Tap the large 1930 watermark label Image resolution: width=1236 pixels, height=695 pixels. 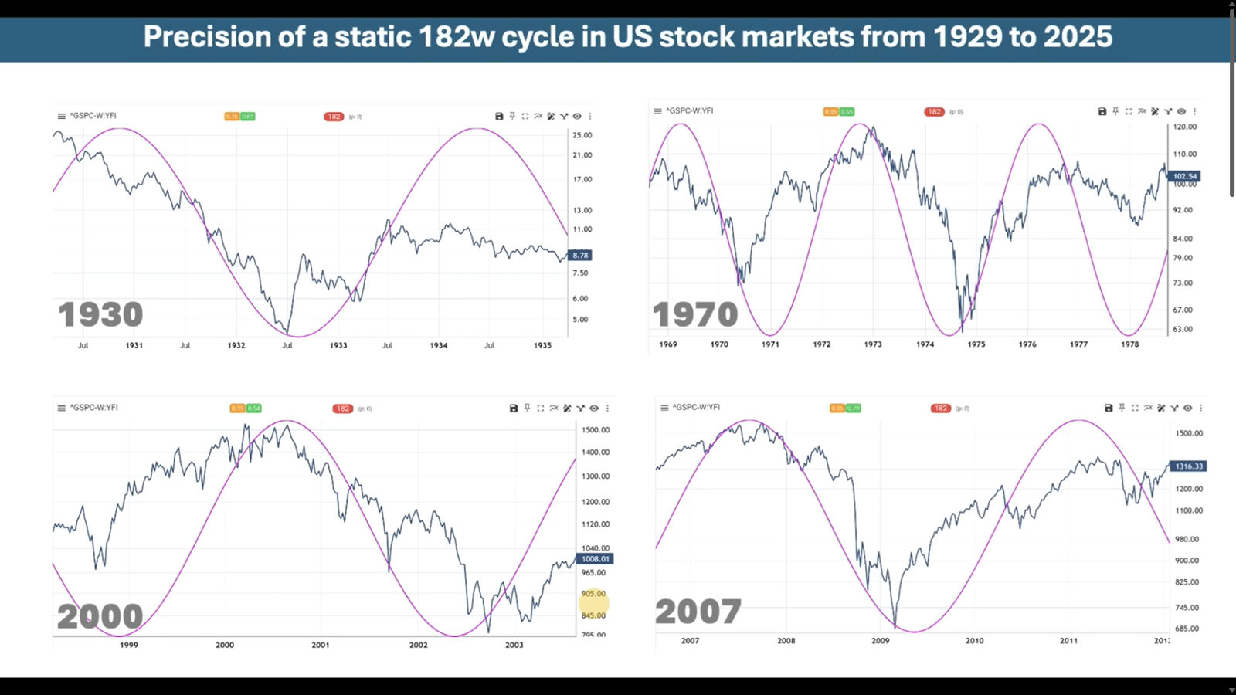(100, 315)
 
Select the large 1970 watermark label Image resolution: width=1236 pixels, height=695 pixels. (695, 315)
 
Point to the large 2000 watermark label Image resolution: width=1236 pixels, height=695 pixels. (100, 616)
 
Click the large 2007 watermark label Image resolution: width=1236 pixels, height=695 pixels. (698, 612)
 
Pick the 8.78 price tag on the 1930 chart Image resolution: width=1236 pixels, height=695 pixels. (580, 255)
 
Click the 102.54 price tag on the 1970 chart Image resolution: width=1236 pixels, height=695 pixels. (1184, 176)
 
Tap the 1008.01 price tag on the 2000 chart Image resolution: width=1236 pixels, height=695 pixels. (595, 558)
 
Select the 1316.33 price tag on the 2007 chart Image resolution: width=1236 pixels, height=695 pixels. (1189, 466)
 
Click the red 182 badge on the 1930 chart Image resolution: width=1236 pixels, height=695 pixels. (334, 117)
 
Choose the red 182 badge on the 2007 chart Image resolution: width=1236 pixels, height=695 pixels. (940, 408)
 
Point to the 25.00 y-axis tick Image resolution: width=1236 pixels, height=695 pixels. (582, 135)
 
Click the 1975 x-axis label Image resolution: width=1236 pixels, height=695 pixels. (976, 344)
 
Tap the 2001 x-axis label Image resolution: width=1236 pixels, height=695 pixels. (320, 645)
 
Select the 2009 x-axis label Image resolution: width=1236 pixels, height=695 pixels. (880, 640)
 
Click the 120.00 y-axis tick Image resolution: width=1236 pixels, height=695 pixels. (1185, 127)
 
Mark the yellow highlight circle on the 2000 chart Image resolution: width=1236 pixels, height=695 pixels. (595, 603)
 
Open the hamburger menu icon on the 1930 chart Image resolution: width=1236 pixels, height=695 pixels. (62, 116)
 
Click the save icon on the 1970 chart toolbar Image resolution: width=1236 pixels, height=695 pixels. (1102, 111)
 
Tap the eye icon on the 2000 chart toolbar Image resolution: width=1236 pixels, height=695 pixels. (594, 408)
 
